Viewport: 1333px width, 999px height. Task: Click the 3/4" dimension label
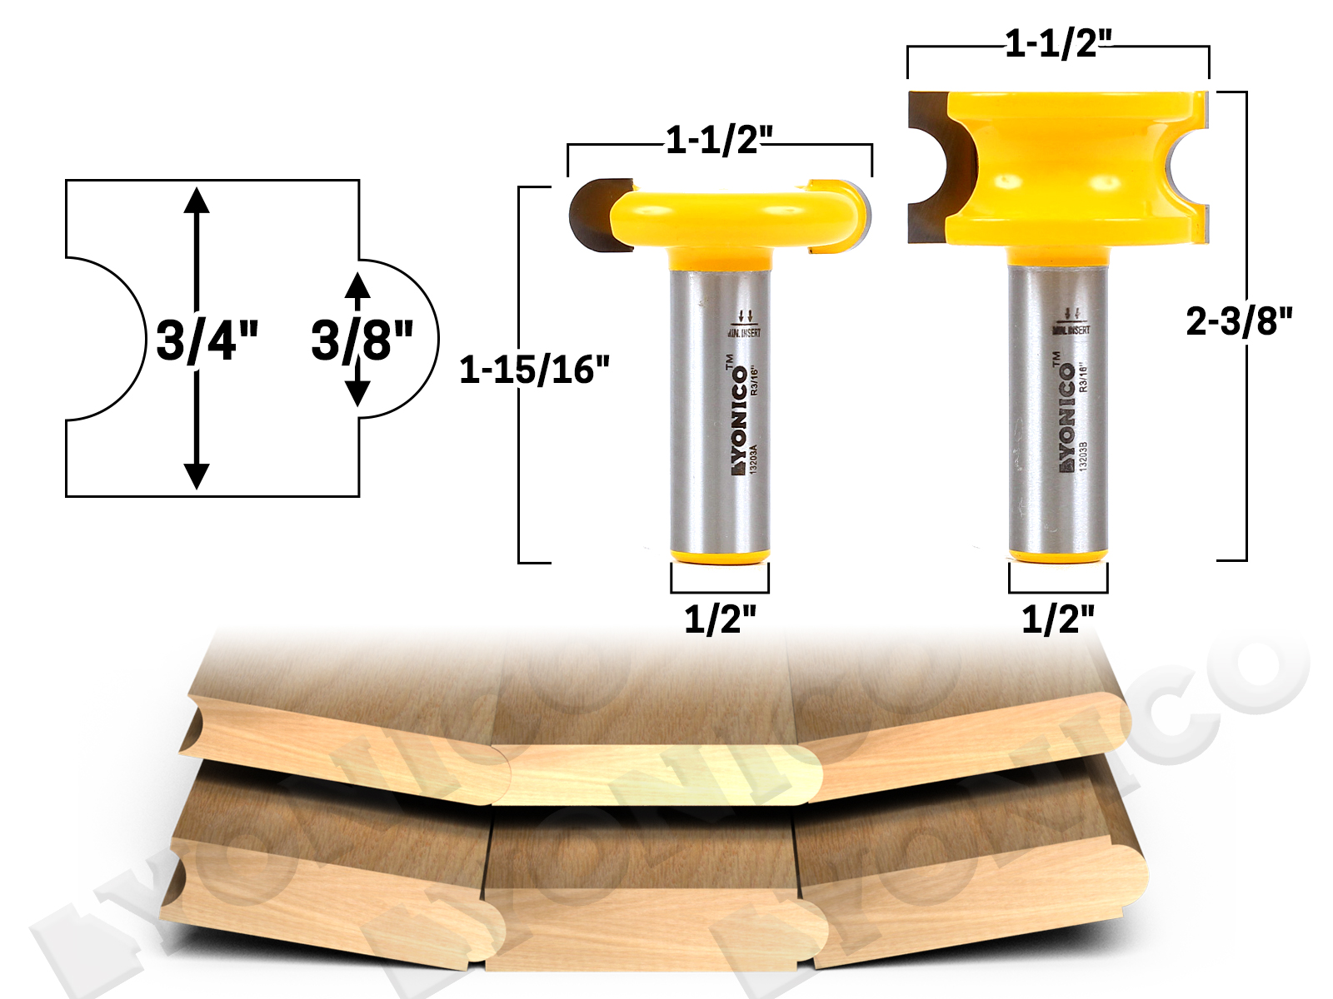tap(207, 340)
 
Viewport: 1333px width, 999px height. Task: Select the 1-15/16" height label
tap(534, 370)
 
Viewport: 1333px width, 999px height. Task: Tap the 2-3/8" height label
tap(1239, 321)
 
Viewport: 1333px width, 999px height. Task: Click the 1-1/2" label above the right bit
tap(1057, 43)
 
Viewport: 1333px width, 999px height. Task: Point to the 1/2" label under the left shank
tap(720, 619)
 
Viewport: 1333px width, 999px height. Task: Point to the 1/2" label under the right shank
tap(1057, 619)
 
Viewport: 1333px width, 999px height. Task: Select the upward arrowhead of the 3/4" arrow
tap(197, 201)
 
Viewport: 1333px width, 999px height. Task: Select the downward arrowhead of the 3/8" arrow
tap(357, 392)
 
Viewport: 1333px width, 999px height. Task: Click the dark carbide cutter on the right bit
tap(929, 166)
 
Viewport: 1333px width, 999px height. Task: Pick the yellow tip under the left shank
tap(720, 556)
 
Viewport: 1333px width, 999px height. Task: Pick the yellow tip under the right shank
tap(1057, 555)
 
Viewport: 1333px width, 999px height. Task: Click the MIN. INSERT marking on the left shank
tap(744, 333)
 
